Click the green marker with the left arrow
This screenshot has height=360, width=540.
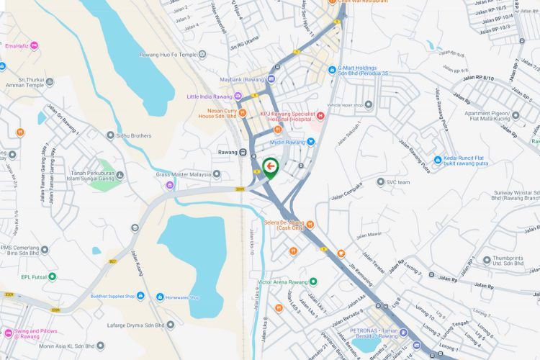(270, 168)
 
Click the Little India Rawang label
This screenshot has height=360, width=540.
(210, 96)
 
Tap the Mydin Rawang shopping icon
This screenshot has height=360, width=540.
(311, 142)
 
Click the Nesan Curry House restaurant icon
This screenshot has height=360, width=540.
(243, 112)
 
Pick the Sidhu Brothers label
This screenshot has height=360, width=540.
(135, 135)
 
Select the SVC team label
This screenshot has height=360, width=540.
(398, 182)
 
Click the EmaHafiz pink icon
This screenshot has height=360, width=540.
(34, 46)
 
